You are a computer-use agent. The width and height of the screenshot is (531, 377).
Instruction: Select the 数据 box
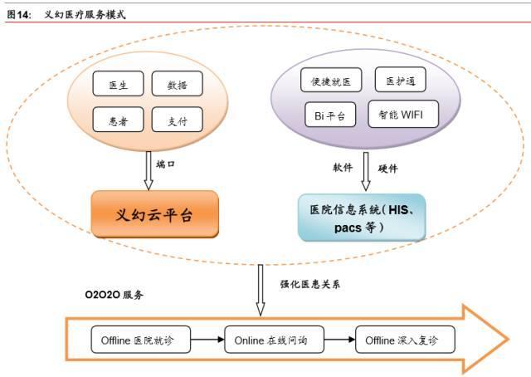(x=177, y=85)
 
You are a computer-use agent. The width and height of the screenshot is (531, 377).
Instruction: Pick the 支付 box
(x=177, y=120)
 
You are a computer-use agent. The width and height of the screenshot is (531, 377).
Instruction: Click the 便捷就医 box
(x=331, y=81)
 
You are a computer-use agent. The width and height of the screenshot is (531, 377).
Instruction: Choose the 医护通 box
(x=402, y=80)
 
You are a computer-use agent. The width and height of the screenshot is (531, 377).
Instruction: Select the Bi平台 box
(x=331, y=114)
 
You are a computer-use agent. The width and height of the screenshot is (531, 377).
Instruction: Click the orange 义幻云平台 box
(x=154, y=214)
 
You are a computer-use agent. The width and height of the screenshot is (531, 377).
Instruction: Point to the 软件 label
(x=343, y=168)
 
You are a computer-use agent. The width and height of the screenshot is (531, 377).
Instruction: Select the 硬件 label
(x=387, y=168)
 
